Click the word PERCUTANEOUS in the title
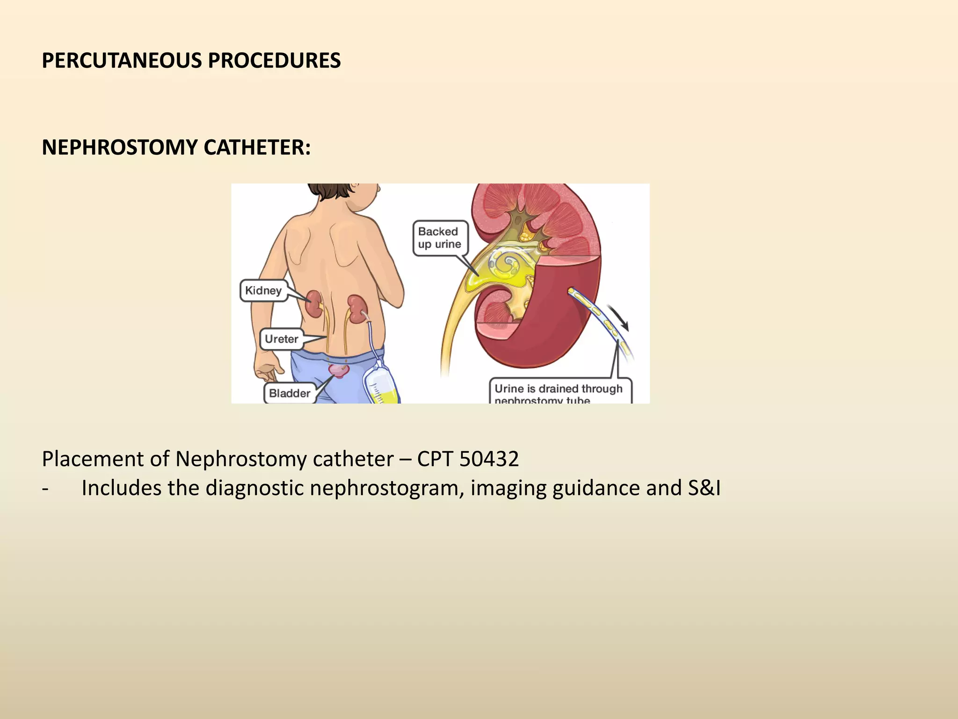point(122,61)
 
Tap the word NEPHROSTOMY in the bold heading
point(120,147)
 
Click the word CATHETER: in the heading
point(257,147)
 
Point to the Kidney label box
point(263,291)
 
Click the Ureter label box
point(282,339)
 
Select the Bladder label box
point(290,393)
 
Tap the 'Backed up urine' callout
point(440,238)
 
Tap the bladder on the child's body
point(339,371)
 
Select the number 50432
point(489,459)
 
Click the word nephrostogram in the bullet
point(386,488)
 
